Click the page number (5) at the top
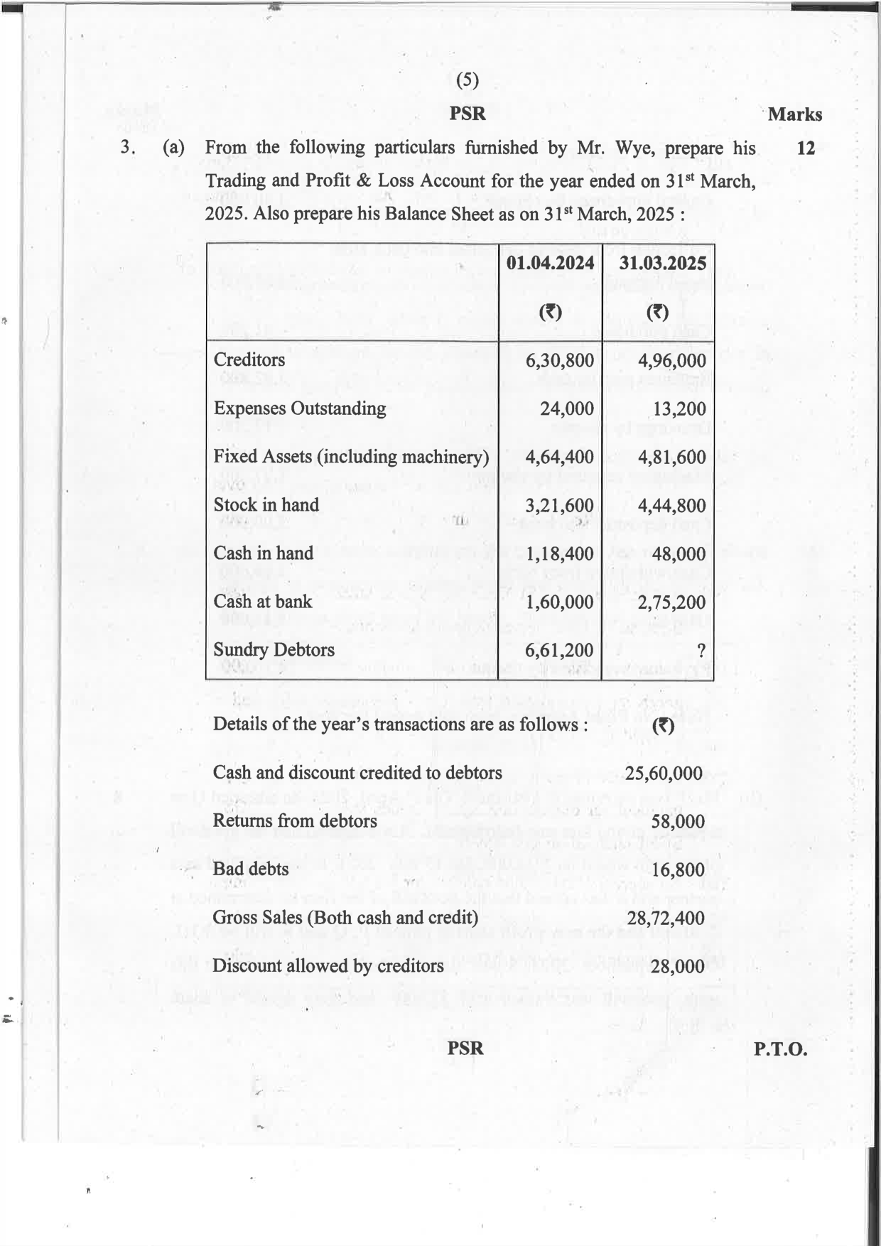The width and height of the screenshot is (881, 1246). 467,80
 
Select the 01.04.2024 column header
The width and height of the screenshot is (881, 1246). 550,263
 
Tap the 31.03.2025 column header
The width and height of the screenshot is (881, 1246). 662,263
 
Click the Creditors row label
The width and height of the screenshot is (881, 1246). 249,359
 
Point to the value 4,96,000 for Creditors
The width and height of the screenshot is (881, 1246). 671,360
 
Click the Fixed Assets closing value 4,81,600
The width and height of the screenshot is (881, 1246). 671,457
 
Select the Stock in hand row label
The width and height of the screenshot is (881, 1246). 266,505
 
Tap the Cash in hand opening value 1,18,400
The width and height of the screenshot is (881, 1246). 559,553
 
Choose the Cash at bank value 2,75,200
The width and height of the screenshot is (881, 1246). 671,602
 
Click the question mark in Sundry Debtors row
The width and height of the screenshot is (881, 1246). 701,650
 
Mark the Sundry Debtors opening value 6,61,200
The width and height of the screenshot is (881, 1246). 559,650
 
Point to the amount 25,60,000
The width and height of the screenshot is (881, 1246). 664,774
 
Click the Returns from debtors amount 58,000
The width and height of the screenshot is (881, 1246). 678,822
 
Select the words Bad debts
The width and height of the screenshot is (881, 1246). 250,869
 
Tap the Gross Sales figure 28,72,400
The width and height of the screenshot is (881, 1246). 665,918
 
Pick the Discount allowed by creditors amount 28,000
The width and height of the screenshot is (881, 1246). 678,966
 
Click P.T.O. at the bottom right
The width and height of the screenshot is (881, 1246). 780,1049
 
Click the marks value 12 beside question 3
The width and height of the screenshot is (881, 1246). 806,148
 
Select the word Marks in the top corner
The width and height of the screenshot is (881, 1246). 794,114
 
